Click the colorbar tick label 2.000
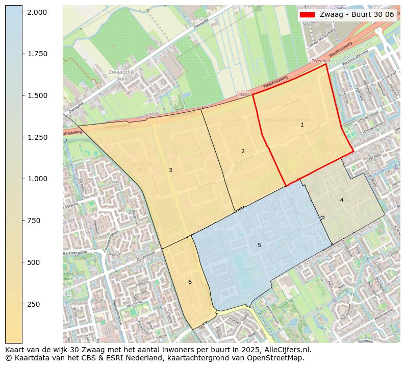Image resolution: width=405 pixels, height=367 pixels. [37, 12]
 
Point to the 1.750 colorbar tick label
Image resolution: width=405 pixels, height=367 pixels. [37, 54]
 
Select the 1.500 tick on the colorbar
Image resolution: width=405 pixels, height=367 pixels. [37, 95]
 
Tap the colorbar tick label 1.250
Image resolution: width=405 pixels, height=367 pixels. [37, 137]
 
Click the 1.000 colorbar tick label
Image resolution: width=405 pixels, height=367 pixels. [37, 179]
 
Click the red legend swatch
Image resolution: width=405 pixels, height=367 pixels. [308, 14]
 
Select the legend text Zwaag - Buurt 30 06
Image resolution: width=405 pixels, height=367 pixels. [357, 14]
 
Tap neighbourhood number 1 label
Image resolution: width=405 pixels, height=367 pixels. [302, 125]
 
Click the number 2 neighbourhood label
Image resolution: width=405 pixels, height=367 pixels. [243, 151]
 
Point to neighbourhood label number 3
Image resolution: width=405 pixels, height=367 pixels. [170, 170]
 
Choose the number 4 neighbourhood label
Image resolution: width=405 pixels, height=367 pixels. [342, 200]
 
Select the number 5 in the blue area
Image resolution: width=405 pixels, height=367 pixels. [259, 246]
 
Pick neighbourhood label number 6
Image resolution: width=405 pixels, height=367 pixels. [190, 282]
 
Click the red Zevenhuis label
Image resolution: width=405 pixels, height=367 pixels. [321, 61]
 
